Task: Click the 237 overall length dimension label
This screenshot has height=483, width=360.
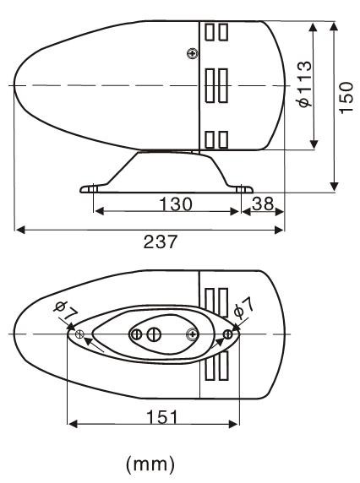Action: (x=161, y=241)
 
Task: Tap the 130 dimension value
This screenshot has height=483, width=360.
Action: (x=176, y=204)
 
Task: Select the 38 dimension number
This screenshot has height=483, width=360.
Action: (x=263, y=204)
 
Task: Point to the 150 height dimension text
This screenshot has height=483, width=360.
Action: (x=346, y=98)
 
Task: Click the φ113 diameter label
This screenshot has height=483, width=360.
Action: (x=305, y=84)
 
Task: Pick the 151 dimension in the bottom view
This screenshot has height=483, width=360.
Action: (x=162, y=417)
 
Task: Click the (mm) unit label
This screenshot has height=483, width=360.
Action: (x=150, y=464)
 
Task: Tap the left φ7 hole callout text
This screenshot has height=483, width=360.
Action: (x=66, y=311)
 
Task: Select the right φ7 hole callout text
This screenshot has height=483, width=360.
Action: (x=243, y=309)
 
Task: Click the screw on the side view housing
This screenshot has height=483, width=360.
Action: (x=193, y=53)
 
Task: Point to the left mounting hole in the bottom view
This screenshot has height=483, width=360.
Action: (x=79, y=334)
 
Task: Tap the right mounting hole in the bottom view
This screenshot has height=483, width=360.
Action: (x=228, y=334)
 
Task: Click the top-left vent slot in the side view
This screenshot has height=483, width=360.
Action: (x=210, y=32)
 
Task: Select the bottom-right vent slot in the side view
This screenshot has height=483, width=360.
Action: (x=223, y=139)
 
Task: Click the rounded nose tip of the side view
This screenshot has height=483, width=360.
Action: (x=15, y=85)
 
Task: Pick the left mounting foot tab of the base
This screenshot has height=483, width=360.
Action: (x=90, y=188)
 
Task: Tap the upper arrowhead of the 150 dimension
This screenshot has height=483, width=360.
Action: (x=334, y=26)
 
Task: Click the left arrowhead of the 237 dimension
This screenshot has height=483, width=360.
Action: (x=20, y=230)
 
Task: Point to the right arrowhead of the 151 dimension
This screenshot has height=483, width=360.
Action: (x=233, y=424)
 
